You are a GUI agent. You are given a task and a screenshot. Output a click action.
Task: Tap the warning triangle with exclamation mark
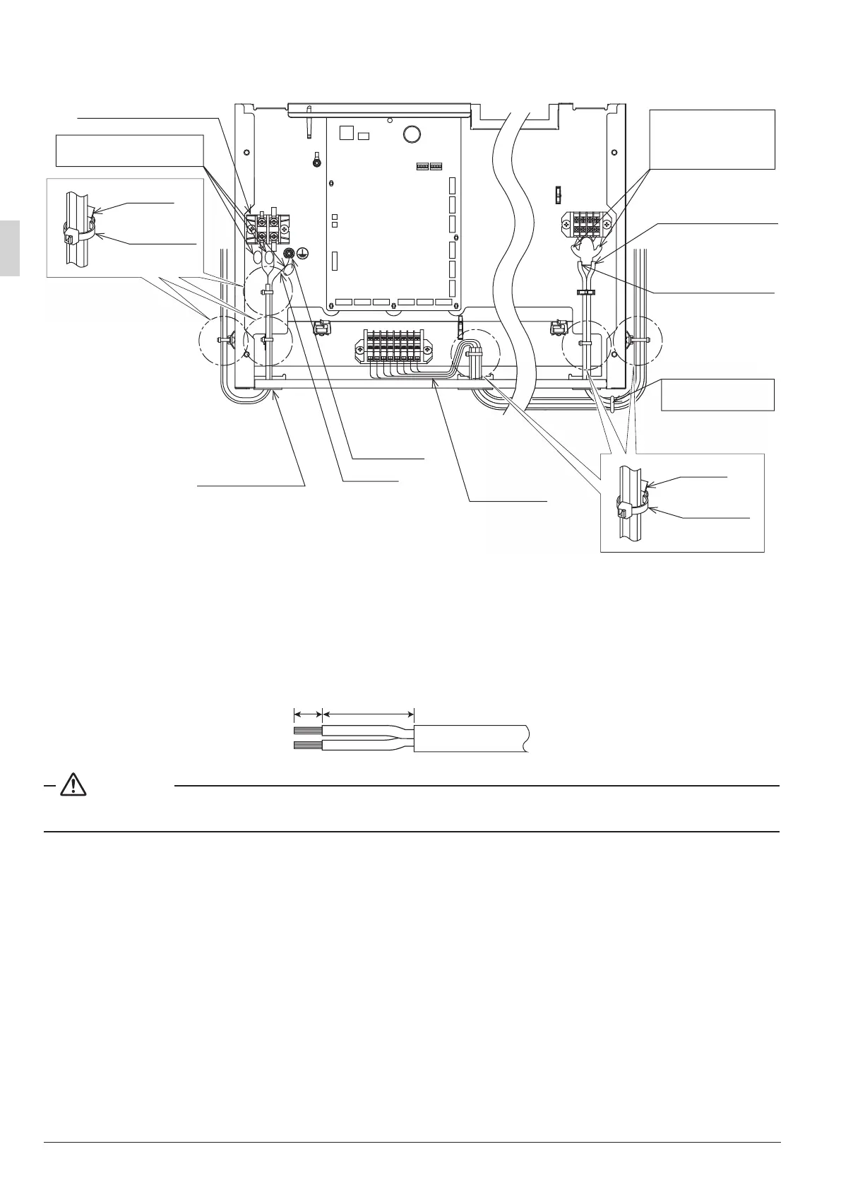coord(73,786)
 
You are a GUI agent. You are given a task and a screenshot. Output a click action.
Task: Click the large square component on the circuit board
coord(345,133)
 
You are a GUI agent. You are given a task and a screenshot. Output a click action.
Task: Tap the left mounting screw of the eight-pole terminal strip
coord(362,349)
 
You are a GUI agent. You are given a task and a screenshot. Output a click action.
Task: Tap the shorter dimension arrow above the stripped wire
coord(307,713)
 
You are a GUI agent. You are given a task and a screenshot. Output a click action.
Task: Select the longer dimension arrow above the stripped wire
coord(368,713)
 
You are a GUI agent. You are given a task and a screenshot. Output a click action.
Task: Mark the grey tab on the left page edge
coord(10,248)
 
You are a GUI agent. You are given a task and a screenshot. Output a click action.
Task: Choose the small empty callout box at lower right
coord(717,394)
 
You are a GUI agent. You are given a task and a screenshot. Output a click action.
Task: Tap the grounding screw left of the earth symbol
coord(288,252)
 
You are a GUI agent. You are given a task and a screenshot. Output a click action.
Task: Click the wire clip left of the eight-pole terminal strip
coord(321,326)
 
